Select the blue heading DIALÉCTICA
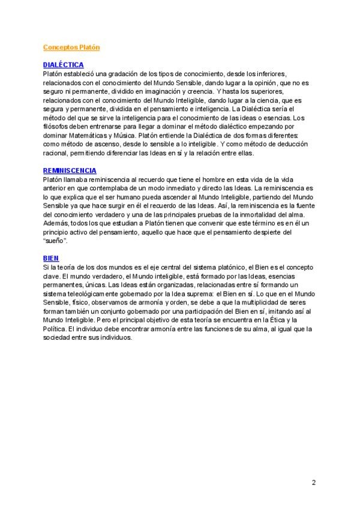(x=64, y=65)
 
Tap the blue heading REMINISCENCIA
(x=70, y=170)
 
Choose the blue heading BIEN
(x=51, y=258)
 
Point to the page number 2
(x=313, y=482)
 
